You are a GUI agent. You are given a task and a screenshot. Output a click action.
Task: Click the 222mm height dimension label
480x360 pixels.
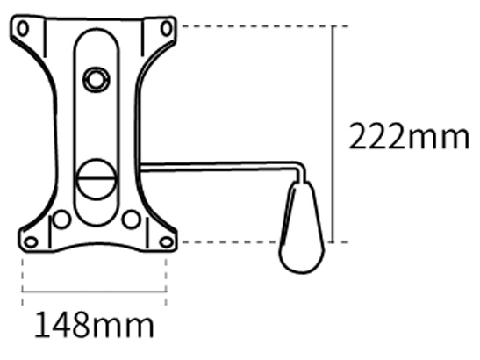409,138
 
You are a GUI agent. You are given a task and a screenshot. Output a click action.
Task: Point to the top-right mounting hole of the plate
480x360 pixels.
166,28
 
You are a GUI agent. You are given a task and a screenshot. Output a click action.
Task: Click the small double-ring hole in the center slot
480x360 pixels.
93,81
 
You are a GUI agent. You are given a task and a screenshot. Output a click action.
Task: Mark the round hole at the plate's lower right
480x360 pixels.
131,219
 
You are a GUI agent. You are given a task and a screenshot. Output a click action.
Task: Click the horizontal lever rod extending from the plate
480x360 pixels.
219,167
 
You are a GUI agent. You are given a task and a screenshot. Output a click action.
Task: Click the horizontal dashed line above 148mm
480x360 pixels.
94,292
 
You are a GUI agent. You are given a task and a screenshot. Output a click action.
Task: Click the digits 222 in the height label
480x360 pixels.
378,138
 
